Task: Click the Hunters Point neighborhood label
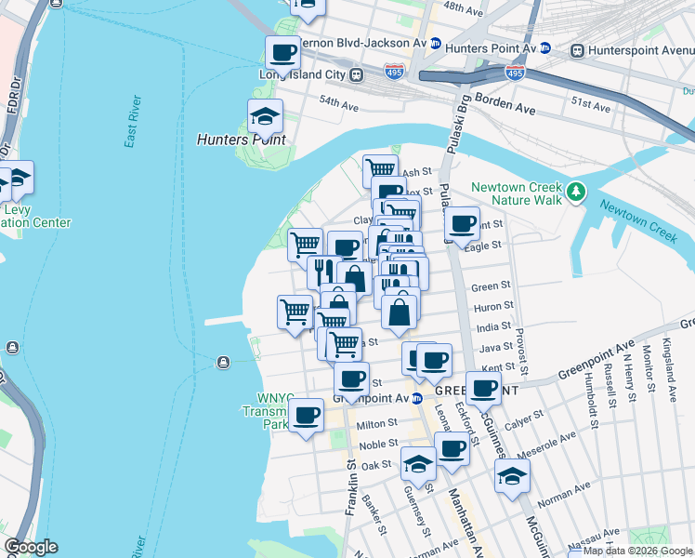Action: pos(241,139)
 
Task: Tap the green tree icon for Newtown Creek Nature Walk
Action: pos(577,193)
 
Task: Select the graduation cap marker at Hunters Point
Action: pos(266,117)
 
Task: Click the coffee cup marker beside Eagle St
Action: pos(462,223)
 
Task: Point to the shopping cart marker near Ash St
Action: pos(380,171)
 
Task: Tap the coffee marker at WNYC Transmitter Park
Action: pos(306,416)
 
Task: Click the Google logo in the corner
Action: pos(31,547)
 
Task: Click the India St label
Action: pos(492,326)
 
